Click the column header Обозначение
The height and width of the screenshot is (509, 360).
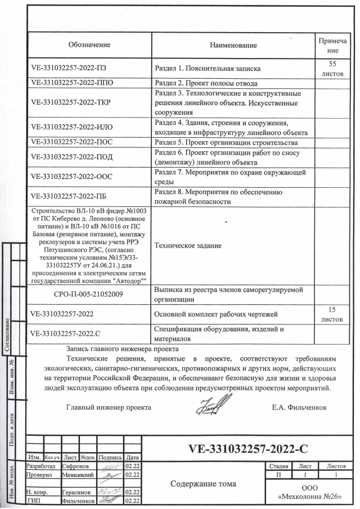click(x=89, y=44)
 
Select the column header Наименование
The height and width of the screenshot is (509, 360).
click(x=233, y=44)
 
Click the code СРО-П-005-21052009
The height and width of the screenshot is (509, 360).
click(x=89, y=294)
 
